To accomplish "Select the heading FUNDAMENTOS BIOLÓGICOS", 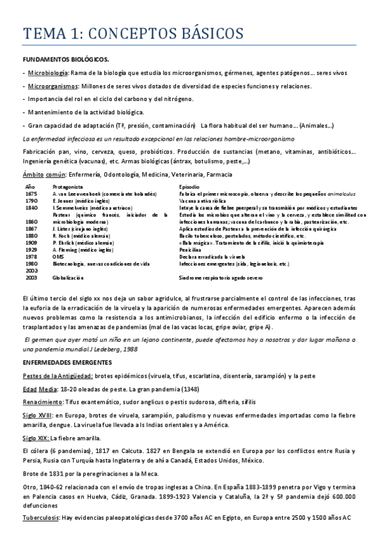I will (66, 59).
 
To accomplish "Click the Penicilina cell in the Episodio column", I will (191, 250).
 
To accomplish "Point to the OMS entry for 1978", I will (58, 257).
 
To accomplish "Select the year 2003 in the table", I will (31, 277).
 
